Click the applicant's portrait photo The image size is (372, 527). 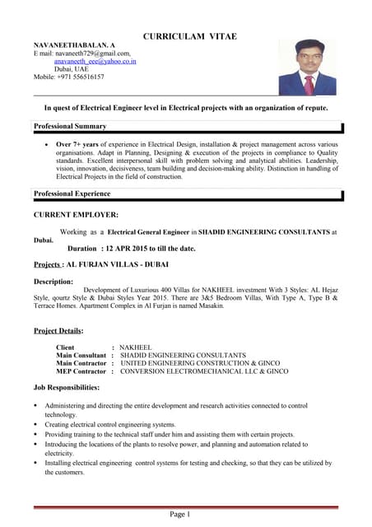tap(307, 67)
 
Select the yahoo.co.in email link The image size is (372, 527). tap(95, 61)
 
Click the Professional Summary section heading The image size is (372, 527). tap(70, 126)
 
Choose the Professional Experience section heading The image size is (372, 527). tap(72, 194)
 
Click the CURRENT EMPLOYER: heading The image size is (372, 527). tap(76, 214)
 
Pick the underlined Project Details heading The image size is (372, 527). tap(58, 330)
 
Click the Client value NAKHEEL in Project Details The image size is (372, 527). tap(137, 348)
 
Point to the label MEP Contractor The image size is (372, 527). tap(81, 371)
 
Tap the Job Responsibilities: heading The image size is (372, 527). tap(67, 387)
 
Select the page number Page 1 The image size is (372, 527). tap(180, 515)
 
